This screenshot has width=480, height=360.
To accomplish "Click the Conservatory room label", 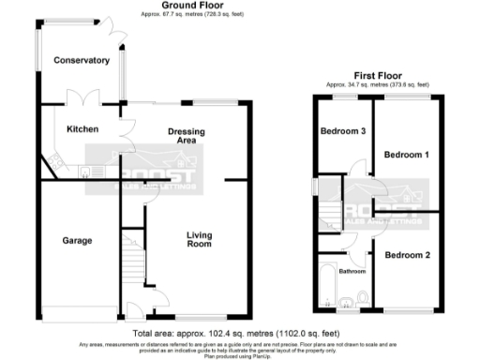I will coord(82,61).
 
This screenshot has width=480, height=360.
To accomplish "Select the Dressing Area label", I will coord(187,136).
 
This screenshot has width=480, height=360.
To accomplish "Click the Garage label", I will coord(77,241).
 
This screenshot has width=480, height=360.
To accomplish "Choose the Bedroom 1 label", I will coord(407,155).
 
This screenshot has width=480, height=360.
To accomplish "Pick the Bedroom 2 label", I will coord(407,255).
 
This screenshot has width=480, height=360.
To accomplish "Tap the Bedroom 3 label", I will coord(344,131).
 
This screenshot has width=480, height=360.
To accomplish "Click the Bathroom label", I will coord(352,272).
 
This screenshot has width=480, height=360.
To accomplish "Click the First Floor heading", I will coord(379,74).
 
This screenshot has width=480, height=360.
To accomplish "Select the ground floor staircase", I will coord(130,263).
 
